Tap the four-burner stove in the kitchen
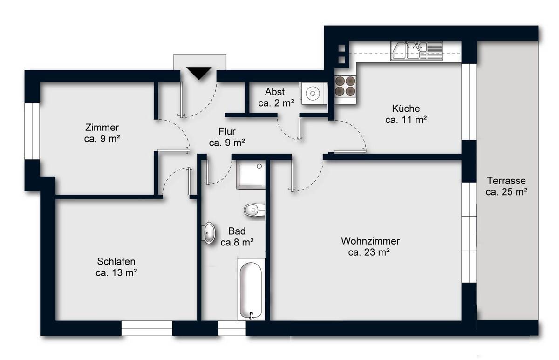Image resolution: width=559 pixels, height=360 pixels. [x=345, y=86]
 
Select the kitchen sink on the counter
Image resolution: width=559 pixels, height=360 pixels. [x=417, y=51]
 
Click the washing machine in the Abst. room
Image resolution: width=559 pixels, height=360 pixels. [x=313, y=94]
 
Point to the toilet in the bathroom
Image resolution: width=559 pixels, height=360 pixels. [x=254, y=210]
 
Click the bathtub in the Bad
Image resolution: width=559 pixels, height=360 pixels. [x=251, y=290]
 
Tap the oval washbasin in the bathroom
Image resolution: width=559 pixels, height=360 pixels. [x=209, y=233]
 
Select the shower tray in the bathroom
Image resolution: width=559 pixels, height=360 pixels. [x=251, y=175]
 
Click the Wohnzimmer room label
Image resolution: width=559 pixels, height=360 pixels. [x=370, y=246]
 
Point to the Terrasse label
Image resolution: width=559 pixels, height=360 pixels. [x=506, y=186]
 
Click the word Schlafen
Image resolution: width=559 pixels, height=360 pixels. [x=116, y=261]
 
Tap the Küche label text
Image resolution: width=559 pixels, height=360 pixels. [x=406, y=114]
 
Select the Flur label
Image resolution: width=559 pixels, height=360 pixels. [x=227, y=137]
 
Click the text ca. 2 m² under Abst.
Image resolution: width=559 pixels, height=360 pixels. [x=276, y=103]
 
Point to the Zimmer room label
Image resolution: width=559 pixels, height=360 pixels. [x=102, y=133]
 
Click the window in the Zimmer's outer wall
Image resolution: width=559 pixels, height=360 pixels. [x=32, y=131]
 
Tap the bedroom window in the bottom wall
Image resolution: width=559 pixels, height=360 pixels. [x=147, y=328]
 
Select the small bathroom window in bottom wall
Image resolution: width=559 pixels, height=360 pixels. [x=232, y=328]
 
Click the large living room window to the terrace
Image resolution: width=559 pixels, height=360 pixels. [x=469, y=232]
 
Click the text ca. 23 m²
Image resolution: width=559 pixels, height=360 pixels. [x=369, y=252]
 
